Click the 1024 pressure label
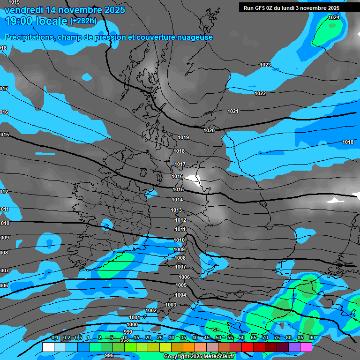point(334,17)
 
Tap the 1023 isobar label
point(265,65)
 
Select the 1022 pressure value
point(260,93)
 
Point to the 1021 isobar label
point(233,111)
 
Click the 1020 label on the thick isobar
point(209,130)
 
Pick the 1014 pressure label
point(177,200)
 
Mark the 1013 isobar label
point(176,210)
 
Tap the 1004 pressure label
point(180,295)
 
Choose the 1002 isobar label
point(151,310)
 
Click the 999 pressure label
point(128,332)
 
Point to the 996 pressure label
point(109,355)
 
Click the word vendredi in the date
point(24,10)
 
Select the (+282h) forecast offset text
point(83,21)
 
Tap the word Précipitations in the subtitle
point(28,37)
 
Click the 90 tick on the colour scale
point(312,338)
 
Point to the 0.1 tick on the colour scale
point(55,338)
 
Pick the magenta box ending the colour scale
point(306,347)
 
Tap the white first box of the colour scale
point(48,347)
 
